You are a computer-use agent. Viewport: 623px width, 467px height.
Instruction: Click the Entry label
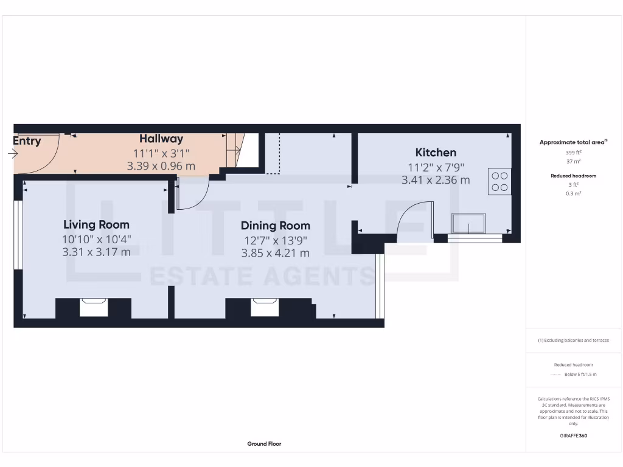pyautogui.click(x=27, y=141)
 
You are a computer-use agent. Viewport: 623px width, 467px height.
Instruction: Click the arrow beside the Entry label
pyautogui.click(x=13, y=154)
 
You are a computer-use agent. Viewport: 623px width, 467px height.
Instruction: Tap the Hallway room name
pyautogui.click(x=161, y=139)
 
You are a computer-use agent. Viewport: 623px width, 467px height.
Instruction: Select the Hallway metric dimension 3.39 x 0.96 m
pyautogui.click(x=161, y=165)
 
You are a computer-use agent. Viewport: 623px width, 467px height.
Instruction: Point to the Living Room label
pyautogui.click(x=96, y=225)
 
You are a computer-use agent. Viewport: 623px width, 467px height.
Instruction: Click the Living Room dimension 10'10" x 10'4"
pyautogui.click(x=96, y=239)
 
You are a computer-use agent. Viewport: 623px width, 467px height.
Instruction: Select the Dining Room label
pyautogui.click(x=276, y=226)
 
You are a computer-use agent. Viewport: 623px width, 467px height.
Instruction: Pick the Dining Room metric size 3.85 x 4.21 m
pyautogui.click(x=276, y=253)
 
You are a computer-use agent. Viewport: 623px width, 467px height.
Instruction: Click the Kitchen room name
pyautogui.click(x=436, y=153)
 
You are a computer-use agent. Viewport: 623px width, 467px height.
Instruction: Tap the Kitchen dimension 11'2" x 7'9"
pyautogui.click(x=436, y=167)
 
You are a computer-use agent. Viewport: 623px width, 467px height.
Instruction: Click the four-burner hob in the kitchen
pyautogui.click(x=499, y=182)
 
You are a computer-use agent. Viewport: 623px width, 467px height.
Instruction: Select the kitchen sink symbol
pyautogui.click(x=468, y=223)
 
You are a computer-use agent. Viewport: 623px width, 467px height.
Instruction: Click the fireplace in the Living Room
pyautogui.click(x=93, y=308)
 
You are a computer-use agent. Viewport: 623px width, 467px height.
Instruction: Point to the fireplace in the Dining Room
pyautogui.click(x=265, y=308)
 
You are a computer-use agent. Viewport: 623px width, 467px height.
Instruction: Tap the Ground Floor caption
pyautogui.click(x=264, y=444)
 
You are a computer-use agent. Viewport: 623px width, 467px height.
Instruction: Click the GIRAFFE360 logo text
pyautogui.click(x=574, y=435)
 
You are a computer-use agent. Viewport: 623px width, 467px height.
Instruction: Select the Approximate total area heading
pyautogui.click(x=573, y=142)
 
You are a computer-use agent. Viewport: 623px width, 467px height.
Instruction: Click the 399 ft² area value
pyautogui.click(x=574, y=153)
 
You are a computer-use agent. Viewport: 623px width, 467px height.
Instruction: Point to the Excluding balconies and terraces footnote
pyautogui.click(x=574, y=341)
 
